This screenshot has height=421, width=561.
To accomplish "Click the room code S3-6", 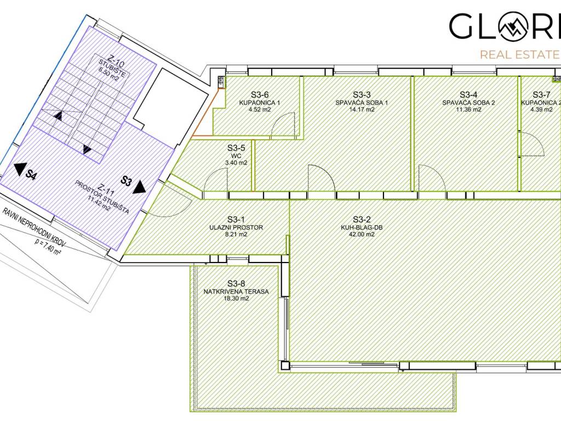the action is point(259,95).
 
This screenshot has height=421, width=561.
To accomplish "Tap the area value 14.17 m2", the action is point(362,110).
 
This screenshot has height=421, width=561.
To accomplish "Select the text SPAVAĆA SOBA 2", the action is point(468,103).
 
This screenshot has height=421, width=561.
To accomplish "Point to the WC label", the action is point(236,156).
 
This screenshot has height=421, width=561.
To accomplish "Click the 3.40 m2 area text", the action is point(236,163).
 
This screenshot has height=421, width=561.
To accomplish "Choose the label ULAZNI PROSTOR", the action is point(236,227).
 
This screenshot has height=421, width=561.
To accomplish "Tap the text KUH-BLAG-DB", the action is point(362,227).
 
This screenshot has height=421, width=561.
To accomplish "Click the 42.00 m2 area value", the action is point(362,235).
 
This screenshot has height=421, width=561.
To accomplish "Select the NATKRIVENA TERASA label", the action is point(236,292).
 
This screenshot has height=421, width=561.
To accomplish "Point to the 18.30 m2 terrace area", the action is point(236,299).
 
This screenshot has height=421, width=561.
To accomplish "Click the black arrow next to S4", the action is point(20,169).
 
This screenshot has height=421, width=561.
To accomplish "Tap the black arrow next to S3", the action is point(139,187).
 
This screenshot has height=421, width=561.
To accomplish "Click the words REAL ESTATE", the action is point(519,55).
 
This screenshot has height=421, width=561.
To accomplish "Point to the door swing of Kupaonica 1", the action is point(283,124).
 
